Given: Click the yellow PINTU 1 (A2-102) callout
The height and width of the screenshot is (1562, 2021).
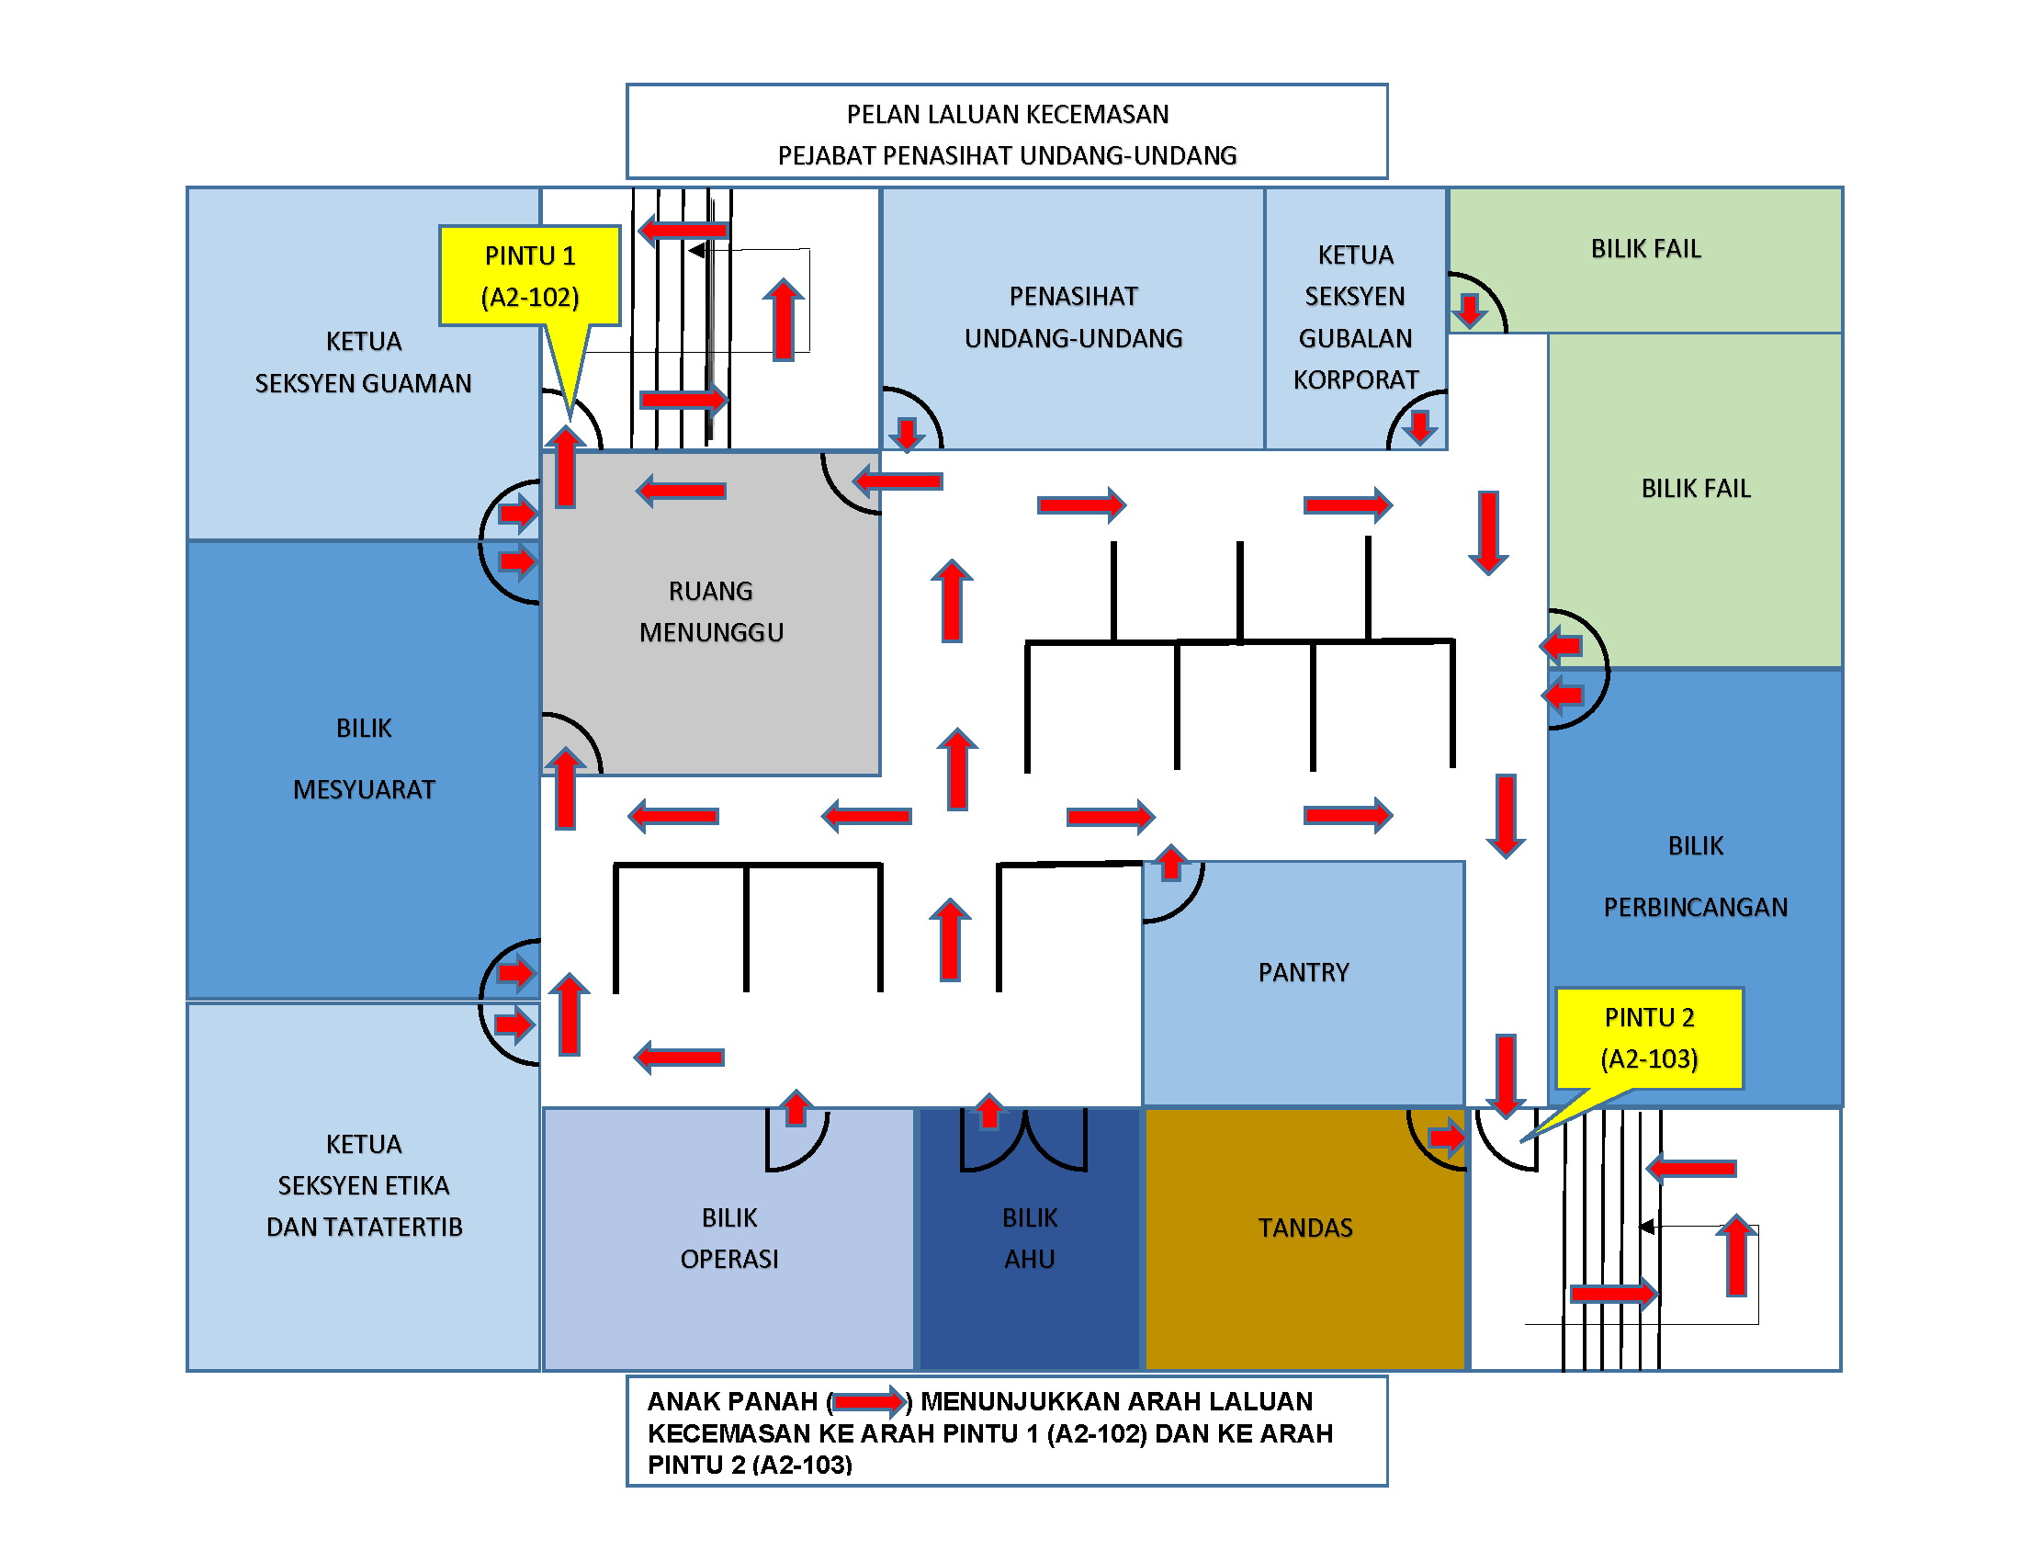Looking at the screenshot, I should click(529, 276).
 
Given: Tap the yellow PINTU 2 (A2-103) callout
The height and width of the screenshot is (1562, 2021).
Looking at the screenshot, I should click(1649, 1037).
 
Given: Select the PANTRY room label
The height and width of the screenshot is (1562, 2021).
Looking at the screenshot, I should click(1303, 971).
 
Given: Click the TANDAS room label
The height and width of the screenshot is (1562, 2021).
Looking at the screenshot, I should click(1304, 1227).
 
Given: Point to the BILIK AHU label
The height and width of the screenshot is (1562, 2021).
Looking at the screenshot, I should click(1029, 1238).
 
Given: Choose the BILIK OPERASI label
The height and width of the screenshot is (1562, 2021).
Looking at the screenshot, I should click(729, 1238).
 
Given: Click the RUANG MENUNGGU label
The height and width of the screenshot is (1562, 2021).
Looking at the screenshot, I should click(711, 611).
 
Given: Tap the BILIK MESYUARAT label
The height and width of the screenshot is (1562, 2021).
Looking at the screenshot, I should click(364, 758).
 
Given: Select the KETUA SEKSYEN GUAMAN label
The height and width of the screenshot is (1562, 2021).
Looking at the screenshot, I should click(364, 362).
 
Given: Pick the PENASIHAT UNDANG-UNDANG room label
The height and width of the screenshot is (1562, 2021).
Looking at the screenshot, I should click(1073, 316).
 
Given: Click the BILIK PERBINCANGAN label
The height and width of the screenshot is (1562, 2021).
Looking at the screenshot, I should click(1695, 876).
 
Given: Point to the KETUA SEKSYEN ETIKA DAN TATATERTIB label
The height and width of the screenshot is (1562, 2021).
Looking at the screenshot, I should click(364, 1184).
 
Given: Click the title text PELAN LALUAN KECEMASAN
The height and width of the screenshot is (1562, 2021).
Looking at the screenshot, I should click(1007, 114).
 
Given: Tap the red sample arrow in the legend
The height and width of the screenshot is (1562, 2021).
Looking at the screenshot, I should click(868, 1402).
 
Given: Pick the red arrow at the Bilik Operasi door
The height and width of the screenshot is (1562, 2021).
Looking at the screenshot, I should click(796, 1108).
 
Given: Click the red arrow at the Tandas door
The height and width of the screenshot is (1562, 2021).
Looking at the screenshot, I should click(1446, 1137).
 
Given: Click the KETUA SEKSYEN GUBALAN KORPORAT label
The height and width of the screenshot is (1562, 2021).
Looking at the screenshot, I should click(1355, 316).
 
